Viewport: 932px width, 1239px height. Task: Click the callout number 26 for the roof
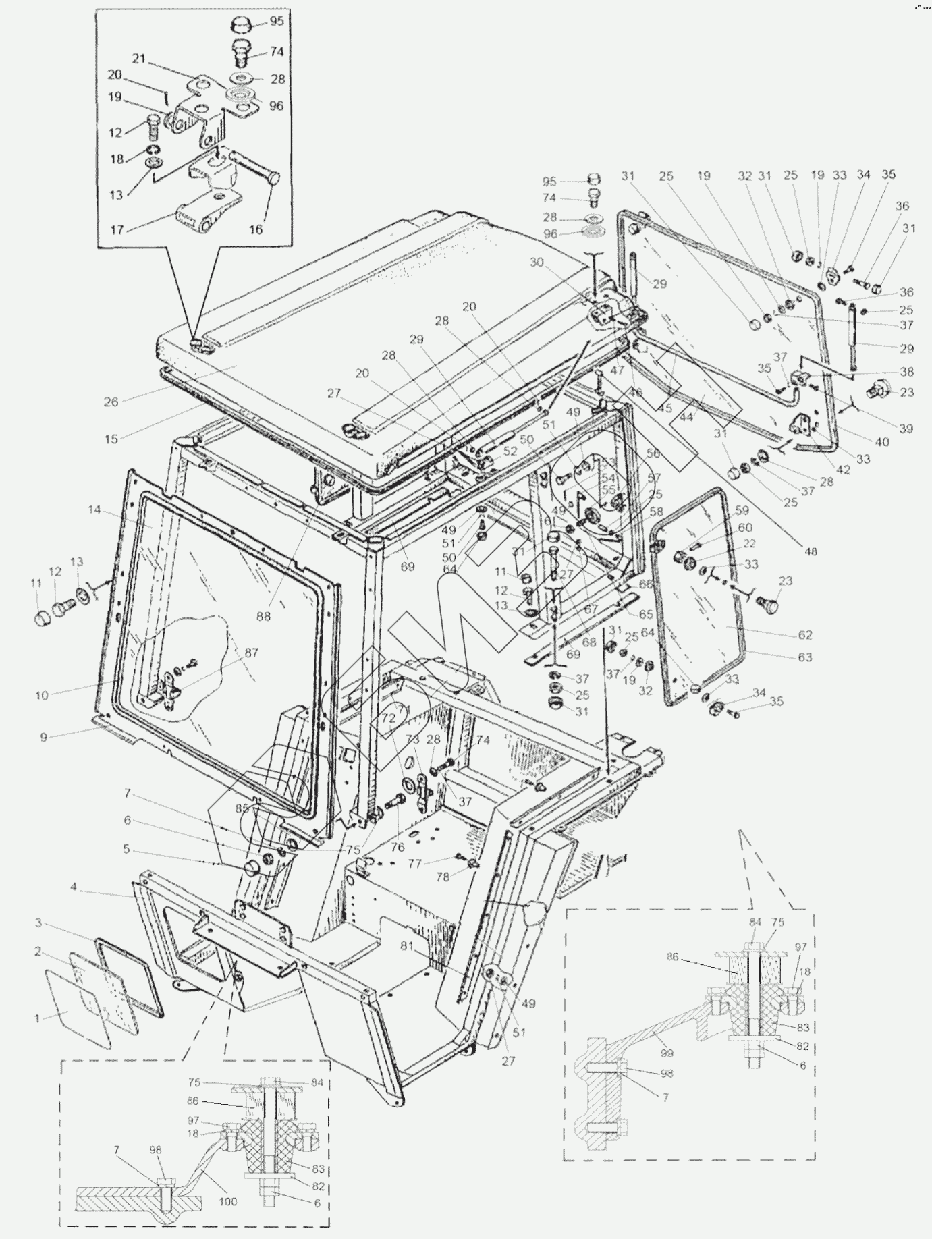111,402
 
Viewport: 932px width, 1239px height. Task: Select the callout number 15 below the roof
111,439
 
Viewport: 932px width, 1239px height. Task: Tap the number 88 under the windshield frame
263,615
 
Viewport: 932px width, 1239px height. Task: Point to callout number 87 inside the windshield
251,653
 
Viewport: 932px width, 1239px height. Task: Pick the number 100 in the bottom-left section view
228,1201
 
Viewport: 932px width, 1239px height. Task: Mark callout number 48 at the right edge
811,551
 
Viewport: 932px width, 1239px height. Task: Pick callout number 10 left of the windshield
42,695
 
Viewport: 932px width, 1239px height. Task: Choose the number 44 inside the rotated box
686,417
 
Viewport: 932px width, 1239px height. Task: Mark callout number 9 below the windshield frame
44,737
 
